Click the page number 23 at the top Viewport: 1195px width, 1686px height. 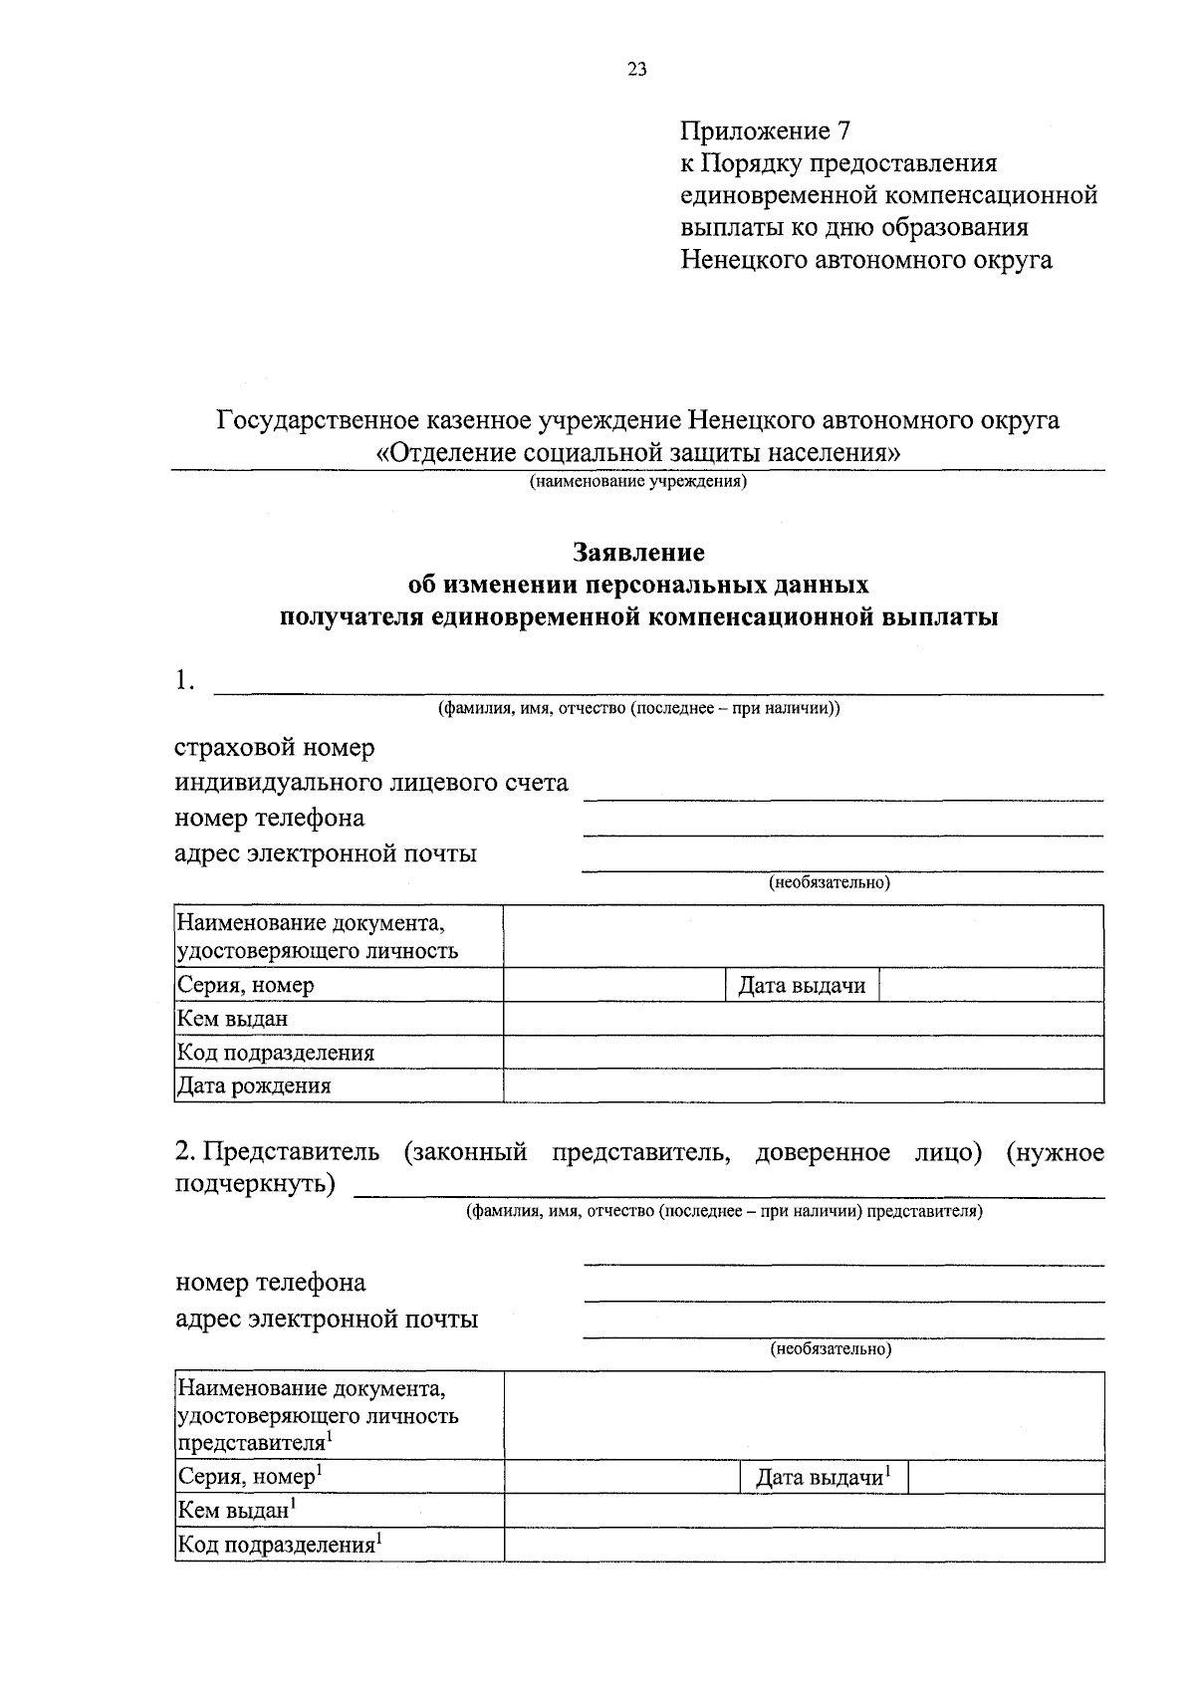click(x=637, y=69)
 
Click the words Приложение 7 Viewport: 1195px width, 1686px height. click(x=766, y=130)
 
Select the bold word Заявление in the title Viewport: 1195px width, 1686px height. click(x=638, y=552)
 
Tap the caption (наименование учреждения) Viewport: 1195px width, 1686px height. click(x=638, y=483)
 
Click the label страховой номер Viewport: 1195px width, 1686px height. click(x=275, y=747)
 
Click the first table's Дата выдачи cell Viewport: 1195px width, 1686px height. click(x=802, y=986)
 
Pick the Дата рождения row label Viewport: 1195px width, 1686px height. click(x=254, y=1085)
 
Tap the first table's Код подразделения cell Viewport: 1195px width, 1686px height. click(x=276, y=1053)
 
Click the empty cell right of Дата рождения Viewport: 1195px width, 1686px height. click(x=803, y=1085)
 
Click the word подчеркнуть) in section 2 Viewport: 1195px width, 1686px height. click(x=255, y=1185)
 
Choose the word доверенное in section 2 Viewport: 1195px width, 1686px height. click(x=823, y=1152)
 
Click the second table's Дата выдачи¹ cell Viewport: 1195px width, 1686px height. click(x=824, y=1477)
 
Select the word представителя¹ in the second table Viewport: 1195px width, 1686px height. click(x=255, y=1442)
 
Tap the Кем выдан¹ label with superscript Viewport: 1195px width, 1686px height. click(x=239, y=1511)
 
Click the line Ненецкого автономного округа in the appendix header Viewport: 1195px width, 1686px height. click(x=866, y=260)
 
